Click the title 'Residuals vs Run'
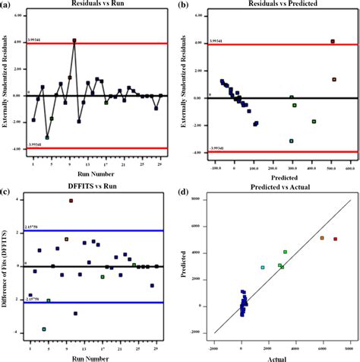click(x=96, y=5)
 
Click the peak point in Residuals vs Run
click(x=74, y=40)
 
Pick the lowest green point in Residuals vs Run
click(x=47, y=138)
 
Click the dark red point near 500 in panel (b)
click(x=333, y=41)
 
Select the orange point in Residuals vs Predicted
click(x=333, y=79)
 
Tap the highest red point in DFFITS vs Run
click(x=71, y=201)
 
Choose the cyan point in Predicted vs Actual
click(x=264, y=268)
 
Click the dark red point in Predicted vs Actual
click(x=336, y=239)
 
